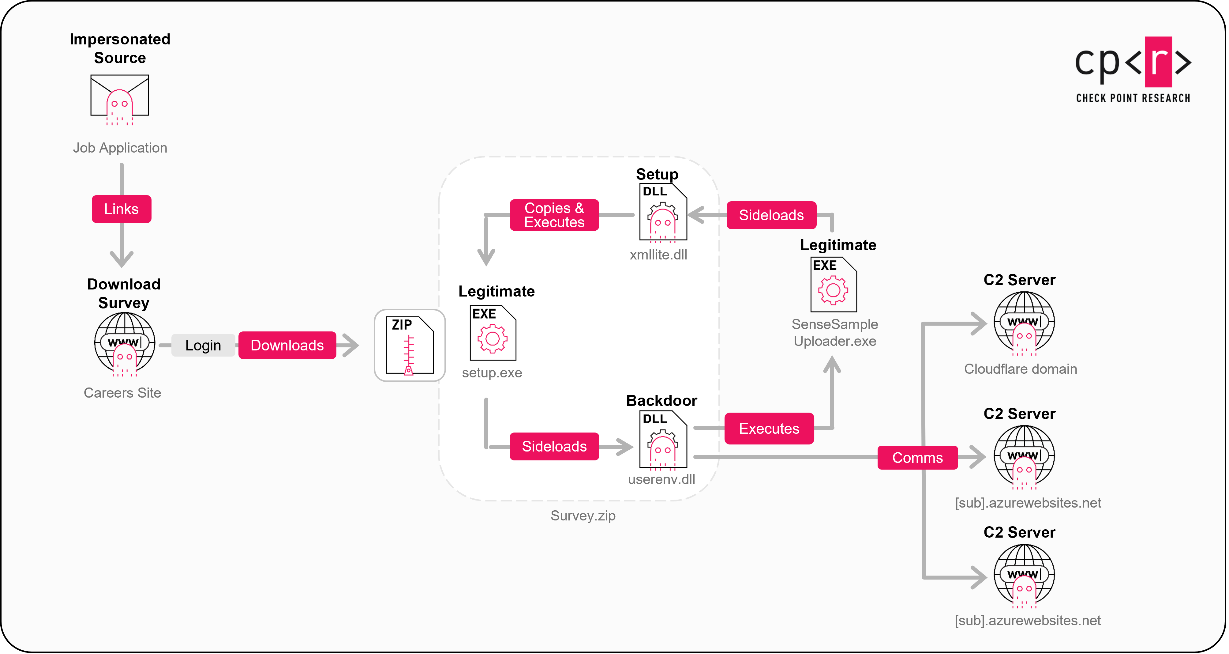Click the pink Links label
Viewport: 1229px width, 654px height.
(121, 209)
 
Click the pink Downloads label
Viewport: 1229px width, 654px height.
(287, 345)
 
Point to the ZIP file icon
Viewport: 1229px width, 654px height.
(409, 345)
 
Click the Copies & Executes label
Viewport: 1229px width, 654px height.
(554, 215)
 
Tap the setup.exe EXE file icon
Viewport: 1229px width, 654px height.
(492, 333)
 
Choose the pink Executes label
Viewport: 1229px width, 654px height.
(769, 429)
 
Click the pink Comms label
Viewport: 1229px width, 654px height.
(917, 458)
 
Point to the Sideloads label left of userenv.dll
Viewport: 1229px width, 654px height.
(554, 446)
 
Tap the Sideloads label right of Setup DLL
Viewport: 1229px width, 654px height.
(771, 215)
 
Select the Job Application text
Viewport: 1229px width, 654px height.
(120, 148)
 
